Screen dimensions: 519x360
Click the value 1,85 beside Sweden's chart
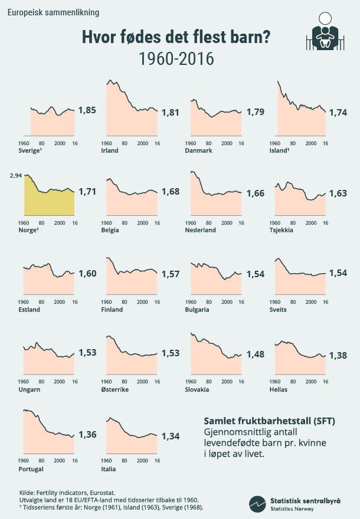[x=87, y=110]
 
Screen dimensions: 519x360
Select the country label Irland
[x=110, y=150]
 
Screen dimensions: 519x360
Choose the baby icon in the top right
[x=323, y=32]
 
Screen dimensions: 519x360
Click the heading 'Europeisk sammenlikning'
[x=49, y=12]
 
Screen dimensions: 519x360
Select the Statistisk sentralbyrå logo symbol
[x=257, y=503]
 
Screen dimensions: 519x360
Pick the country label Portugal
[x=31, y=469]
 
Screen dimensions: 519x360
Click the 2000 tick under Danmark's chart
[x=226, y=143]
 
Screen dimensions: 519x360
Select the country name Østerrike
[x=115, y=390]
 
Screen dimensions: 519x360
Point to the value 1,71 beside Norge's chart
[x=87, y=191]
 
